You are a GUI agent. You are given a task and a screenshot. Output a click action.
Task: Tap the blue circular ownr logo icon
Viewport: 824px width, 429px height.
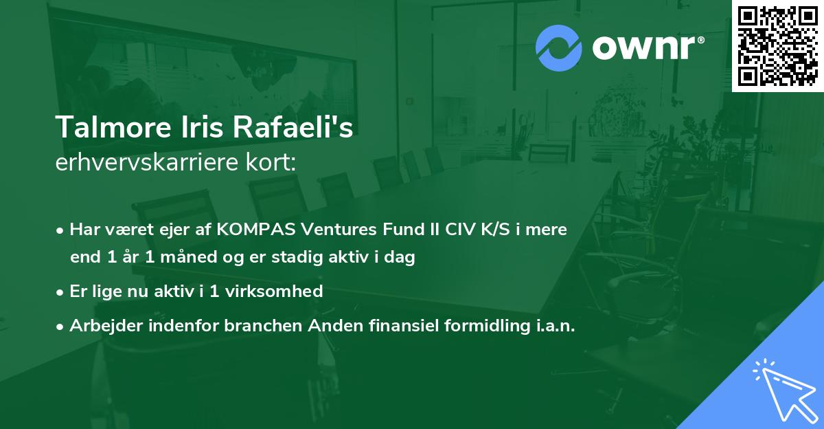pos(559,48)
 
